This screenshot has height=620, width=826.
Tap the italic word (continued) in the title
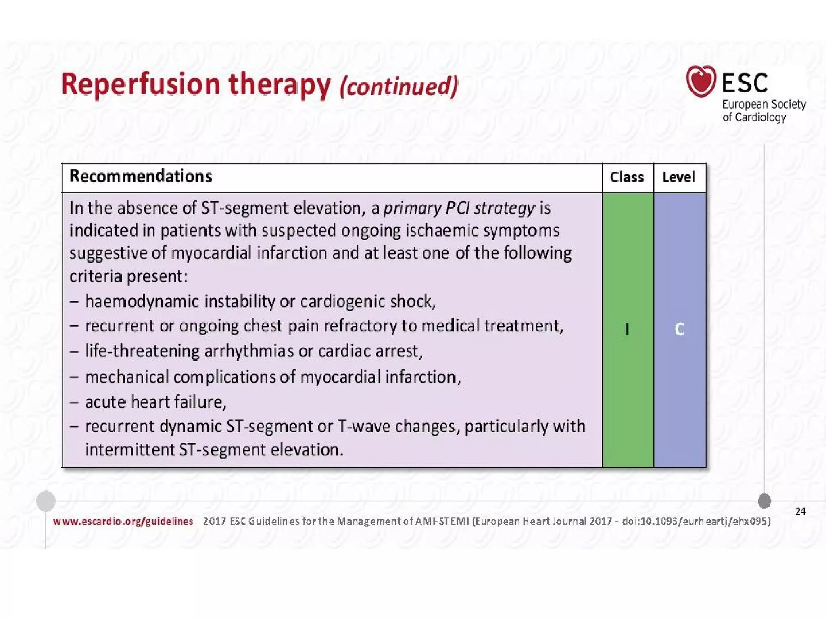pyautogui.click(x=399, y=86)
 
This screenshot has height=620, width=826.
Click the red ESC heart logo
pyautogui.click(x=701, y=81)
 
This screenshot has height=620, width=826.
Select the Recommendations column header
pyautogui.click(x=141, y=176)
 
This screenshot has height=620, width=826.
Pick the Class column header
pyautogui.click(x=627, y=177)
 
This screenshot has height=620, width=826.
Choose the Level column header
pyautogui.click(x=679, y=177)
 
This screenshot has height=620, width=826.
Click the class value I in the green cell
pyautogui.click(x=627, y=329)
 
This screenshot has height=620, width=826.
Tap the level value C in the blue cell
pyautogui.click(x=679, y=329)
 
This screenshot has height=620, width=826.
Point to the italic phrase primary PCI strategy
pyautogui.click(x=459, y=208)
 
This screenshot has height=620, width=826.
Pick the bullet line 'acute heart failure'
pyautogui.click(x=156, y=402)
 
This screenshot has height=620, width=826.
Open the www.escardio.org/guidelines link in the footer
pyautogui.click(x=123, y=521)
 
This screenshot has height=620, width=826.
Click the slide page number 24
pyautogui.click(x=800, y=511)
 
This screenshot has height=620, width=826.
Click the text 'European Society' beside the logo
pyautogui.click(x=763, y=104)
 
